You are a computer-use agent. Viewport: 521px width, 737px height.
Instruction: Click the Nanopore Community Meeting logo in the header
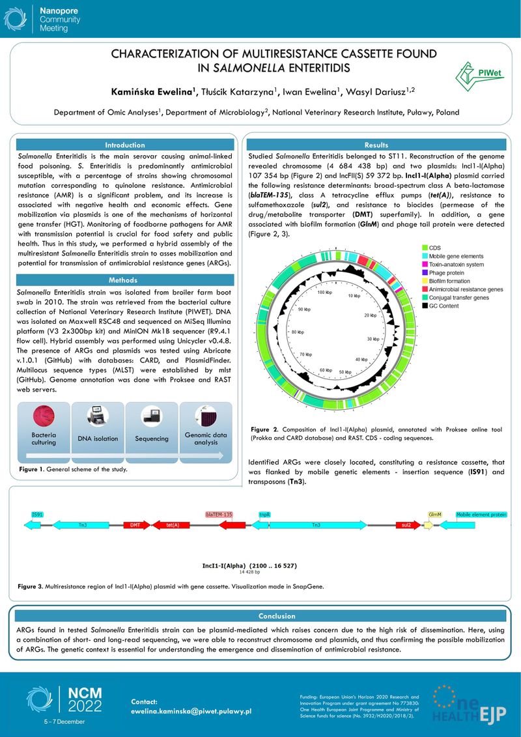52,20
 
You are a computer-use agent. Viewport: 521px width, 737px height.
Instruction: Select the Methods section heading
123,280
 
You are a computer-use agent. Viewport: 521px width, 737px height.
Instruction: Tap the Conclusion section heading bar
259,616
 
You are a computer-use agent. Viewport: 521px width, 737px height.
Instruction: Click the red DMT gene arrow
134,525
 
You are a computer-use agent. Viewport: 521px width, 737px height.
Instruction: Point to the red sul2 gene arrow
406,525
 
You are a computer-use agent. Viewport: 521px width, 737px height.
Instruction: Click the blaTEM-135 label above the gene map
219,514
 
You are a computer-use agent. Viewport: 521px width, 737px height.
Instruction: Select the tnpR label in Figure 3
264,514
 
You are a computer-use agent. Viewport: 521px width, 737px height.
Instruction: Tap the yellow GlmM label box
434,514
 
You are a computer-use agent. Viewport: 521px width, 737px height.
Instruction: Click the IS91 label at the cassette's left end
38,514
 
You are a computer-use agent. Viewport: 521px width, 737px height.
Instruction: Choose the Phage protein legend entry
446,273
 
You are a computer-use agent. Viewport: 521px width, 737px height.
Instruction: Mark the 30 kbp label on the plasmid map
373,340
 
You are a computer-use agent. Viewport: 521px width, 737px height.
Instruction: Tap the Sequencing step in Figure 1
152,439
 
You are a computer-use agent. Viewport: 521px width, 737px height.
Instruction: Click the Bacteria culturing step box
44,439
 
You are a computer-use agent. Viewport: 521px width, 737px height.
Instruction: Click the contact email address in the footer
191,712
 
